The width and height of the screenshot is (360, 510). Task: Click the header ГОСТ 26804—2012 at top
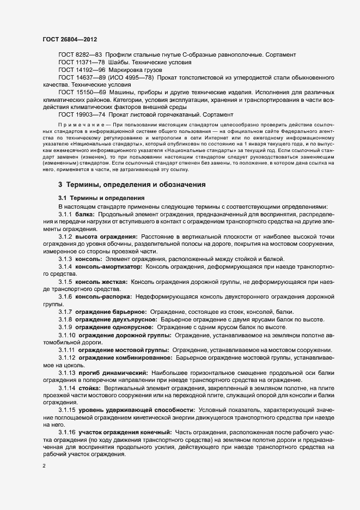coord(70,40)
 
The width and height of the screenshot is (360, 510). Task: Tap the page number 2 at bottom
coord(44,466)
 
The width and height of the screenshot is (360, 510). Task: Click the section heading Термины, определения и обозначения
coord(136,185)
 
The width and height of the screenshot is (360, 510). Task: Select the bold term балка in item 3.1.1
coord(85,215)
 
